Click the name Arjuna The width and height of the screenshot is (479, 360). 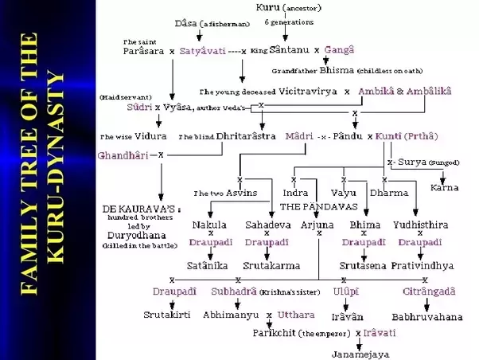[318, 225]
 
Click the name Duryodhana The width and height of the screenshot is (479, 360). [132, 235]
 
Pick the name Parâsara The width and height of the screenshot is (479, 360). [144, 49]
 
